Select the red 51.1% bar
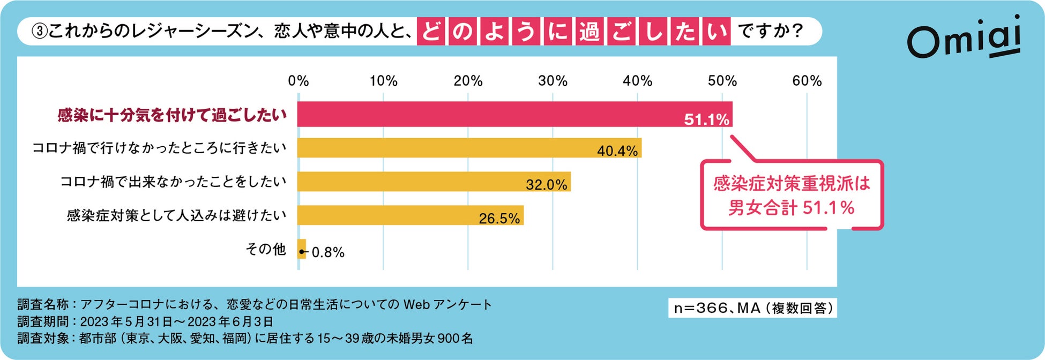click(x=514, y=114)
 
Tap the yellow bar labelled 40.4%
click(x=469, y=148)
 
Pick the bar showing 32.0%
click(x=434, y=182)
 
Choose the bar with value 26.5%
click(x=410, y=215)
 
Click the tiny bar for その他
click(x=302, y=249)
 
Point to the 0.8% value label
click(x=328, y=252)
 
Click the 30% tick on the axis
click(x=553, y=81)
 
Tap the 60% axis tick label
click(x=807, y=81)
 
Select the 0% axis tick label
click(x=298, y=81)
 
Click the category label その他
click(x=266, y=249)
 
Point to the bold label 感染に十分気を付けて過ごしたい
click(x=172, y=115)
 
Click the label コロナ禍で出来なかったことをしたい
click(x=173, y=182)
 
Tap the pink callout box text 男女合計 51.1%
click(x=791, y=208)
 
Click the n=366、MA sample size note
click(x=752, y=308)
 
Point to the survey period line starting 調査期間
click(x=145, y=321)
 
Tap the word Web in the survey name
click(x=416, y=305)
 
